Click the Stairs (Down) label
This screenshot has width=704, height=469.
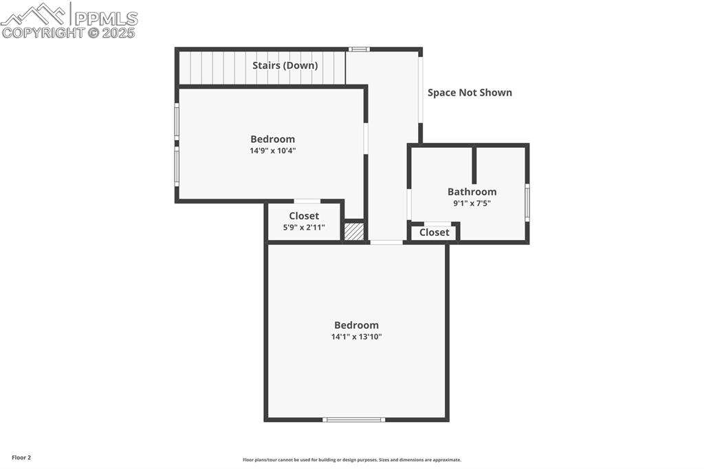(x=285, y=65)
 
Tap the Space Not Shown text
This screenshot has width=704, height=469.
(x=470, y=93)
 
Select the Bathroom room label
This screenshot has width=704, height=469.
(x=472, y=192)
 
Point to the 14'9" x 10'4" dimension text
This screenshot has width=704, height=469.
(x=273, y=151)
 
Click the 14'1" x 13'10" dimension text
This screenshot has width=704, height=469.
(x=357, y=336)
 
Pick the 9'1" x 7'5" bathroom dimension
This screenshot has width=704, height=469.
(x=472, y=203)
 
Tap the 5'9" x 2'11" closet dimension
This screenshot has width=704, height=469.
(x=304, y=228)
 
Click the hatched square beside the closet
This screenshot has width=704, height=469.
(x=354, y=231)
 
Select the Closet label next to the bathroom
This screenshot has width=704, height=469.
(x=434, y=232)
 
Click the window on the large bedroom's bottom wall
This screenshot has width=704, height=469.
(x=354, y=419)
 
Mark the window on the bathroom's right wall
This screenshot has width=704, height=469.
(x=527, y=202)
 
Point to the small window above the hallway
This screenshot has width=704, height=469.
(x=359, y=50)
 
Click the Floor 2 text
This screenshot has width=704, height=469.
(x=21, y=458)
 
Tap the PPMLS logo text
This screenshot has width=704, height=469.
(x=106, y=19)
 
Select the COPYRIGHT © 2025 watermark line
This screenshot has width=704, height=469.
(x=68, y=33)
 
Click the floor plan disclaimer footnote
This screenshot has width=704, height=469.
(x=352, y=460)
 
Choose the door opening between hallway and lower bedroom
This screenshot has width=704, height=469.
(x=386, y=242)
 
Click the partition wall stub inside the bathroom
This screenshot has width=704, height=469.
(x=474, y=164)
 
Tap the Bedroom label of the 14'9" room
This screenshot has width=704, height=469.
(x=272, y=140)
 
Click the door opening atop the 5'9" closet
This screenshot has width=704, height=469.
(x=307, y=201)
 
